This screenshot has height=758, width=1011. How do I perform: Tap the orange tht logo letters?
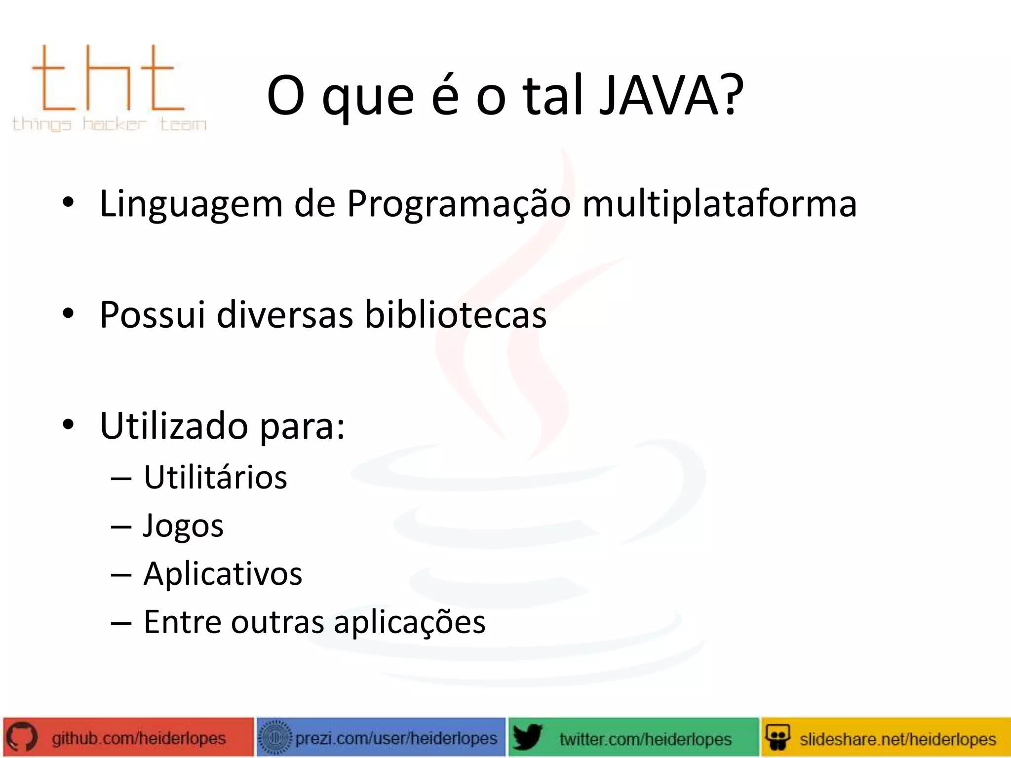pos(107,79)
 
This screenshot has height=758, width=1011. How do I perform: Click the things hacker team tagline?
pos(109,123)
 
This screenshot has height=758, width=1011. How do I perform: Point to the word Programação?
pos(458,204)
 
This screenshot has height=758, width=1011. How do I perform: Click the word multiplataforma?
pos(719,204)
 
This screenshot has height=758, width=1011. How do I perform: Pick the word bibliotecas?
pos(455,315)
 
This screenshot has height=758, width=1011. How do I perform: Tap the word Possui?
pos(152,315)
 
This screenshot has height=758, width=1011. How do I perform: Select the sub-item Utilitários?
pos(215,478)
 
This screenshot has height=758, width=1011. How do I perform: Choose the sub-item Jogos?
pos(183,526)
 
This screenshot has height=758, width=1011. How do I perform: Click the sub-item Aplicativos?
pos(223,574)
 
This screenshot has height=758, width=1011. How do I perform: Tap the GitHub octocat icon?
pos(22,738)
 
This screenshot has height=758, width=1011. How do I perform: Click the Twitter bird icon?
pos(527,738)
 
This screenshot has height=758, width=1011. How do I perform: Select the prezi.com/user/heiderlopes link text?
pos(396,738)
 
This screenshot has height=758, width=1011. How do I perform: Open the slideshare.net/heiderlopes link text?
pos(897,739)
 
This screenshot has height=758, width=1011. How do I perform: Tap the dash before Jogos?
pos(121,527)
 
